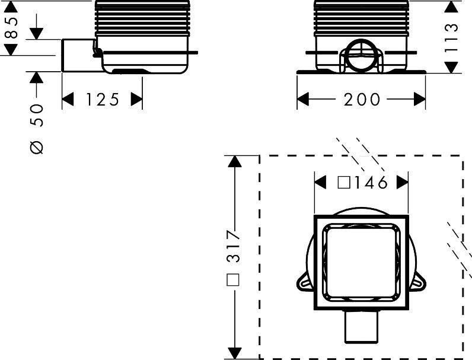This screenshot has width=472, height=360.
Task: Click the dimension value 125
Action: click(x=103, y=99)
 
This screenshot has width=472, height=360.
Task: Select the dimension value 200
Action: click(x=362, y=99)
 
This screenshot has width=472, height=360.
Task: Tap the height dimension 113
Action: click(x=451, y=38)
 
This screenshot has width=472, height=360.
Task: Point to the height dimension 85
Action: click(x=11, y=28)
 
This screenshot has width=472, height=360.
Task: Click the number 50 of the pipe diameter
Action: click(x=37, y=115)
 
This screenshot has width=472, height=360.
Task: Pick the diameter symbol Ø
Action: click(x=37, y=148)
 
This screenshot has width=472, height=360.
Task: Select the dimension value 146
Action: click(x=371, y=183)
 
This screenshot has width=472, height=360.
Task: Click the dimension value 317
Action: click(x=234, y=246)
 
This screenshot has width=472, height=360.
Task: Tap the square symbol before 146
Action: click(x=344, y=183)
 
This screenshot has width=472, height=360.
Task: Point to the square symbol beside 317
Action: click(x=233, y=279)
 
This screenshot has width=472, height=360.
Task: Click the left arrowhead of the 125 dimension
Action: click(x=68, y=99)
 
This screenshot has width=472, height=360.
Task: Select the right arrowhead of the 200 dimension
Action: click(x=420, y=99)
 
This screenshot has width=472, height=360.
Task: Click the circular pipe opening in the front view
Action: click(x=361, y=56)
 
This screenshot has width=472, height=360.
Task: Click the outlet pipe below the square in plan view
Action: click(x=361, y=326)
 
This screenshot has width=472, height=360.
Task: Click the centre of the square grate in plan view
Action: click(x=361, y=262)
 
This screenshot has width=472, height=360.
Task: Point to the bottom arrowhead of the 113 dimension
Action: click(x=451, y=68)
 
